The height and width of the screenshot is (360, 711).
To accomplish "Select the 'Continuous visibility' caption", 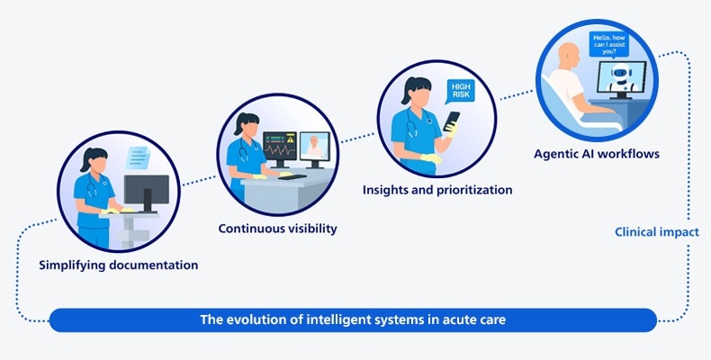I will [277, 228].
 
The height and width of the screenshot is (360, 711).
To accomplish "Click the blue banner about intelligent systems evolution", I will [353, 320].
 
